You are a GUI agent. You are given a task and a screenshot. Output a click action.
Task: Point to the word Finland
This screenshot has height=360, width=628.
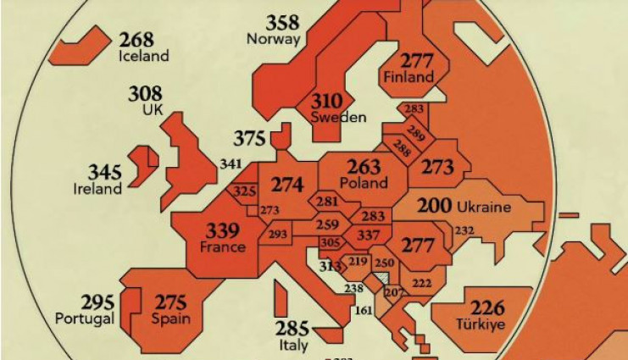point(408,76)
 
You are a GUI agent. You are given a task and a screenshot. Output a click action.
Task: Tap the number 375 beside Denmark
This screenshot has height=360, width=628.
point(251,138)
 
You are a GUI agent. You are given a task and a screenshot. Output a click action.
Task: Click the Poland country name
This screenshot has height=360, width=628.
point(364,183)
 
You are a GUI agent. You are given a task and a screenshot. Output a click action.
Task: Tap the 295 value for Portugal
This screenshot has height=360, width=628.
point(98,302)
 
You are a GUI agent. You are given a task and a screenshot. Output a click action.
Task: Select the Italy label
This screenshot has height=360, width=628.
point(293,345)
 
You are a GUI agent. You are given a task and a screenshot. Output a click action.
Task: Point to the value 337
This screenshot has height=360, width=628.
point(369,234)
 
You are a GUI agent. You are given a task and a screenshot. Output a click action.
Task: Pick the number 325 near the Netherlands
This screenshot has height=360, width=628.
point(244,191)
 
